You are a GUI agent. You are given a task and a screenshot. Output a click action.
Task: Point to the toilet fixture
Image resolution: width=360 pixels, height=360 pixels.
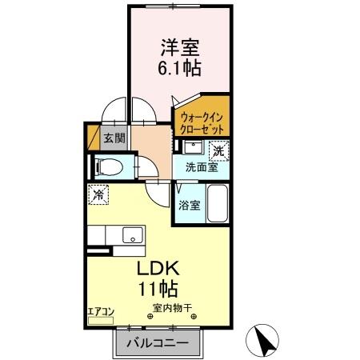coord(110,168)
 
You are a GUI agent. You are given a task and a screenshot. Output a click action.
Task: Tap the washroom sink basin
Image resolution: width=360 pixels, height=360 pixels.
coord(193,147)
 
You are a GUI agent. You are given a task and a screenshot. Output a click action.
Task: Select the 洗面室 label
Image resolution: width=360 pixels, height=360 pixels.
coord(202,167)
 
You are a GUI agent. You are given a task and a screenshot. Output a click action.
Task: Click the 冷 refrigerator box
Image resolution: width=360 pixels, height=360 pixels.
coord(98,194)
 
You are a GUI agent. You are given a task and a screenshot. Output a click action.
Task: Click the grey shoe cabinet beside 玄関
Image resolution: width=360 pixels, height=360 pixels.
coord(94,138)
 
